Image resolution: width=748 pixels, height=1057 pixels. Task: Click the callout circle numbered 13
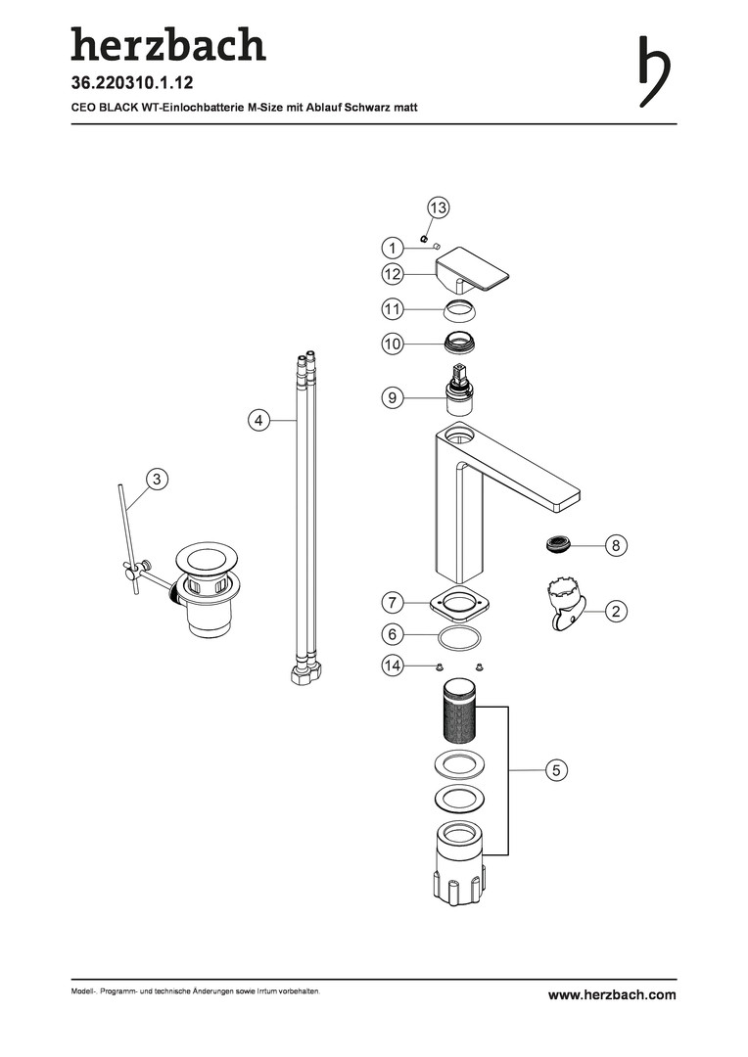pos(439,207)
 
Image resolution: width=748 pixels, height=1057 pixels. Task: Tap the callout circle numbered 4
pos(258,421)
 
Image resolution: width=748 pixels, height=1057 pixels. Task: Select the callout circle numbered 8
pos(615,545)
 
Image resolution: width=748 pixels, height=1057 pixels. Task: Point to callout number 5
pos(556,770)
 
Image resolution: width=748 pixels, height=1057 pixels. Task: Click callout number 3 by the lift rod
pos(158,480)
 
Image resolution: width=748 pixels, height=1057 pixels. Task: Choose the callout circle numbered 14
pos(393,666)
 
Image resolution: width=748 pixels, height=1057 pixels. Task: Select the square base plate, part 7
pos(459,603)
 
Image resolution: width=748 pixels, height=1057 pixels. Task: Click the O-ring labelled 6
pos(460,636)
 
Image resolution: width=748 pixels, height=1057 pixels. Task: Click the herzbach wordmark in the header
pos(168,44)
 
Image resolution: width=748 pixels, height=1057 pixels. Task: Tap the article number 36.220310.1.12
pos(132,83)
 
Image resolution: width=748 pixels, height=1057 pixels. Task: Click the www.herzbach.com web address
pos(612,995)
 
